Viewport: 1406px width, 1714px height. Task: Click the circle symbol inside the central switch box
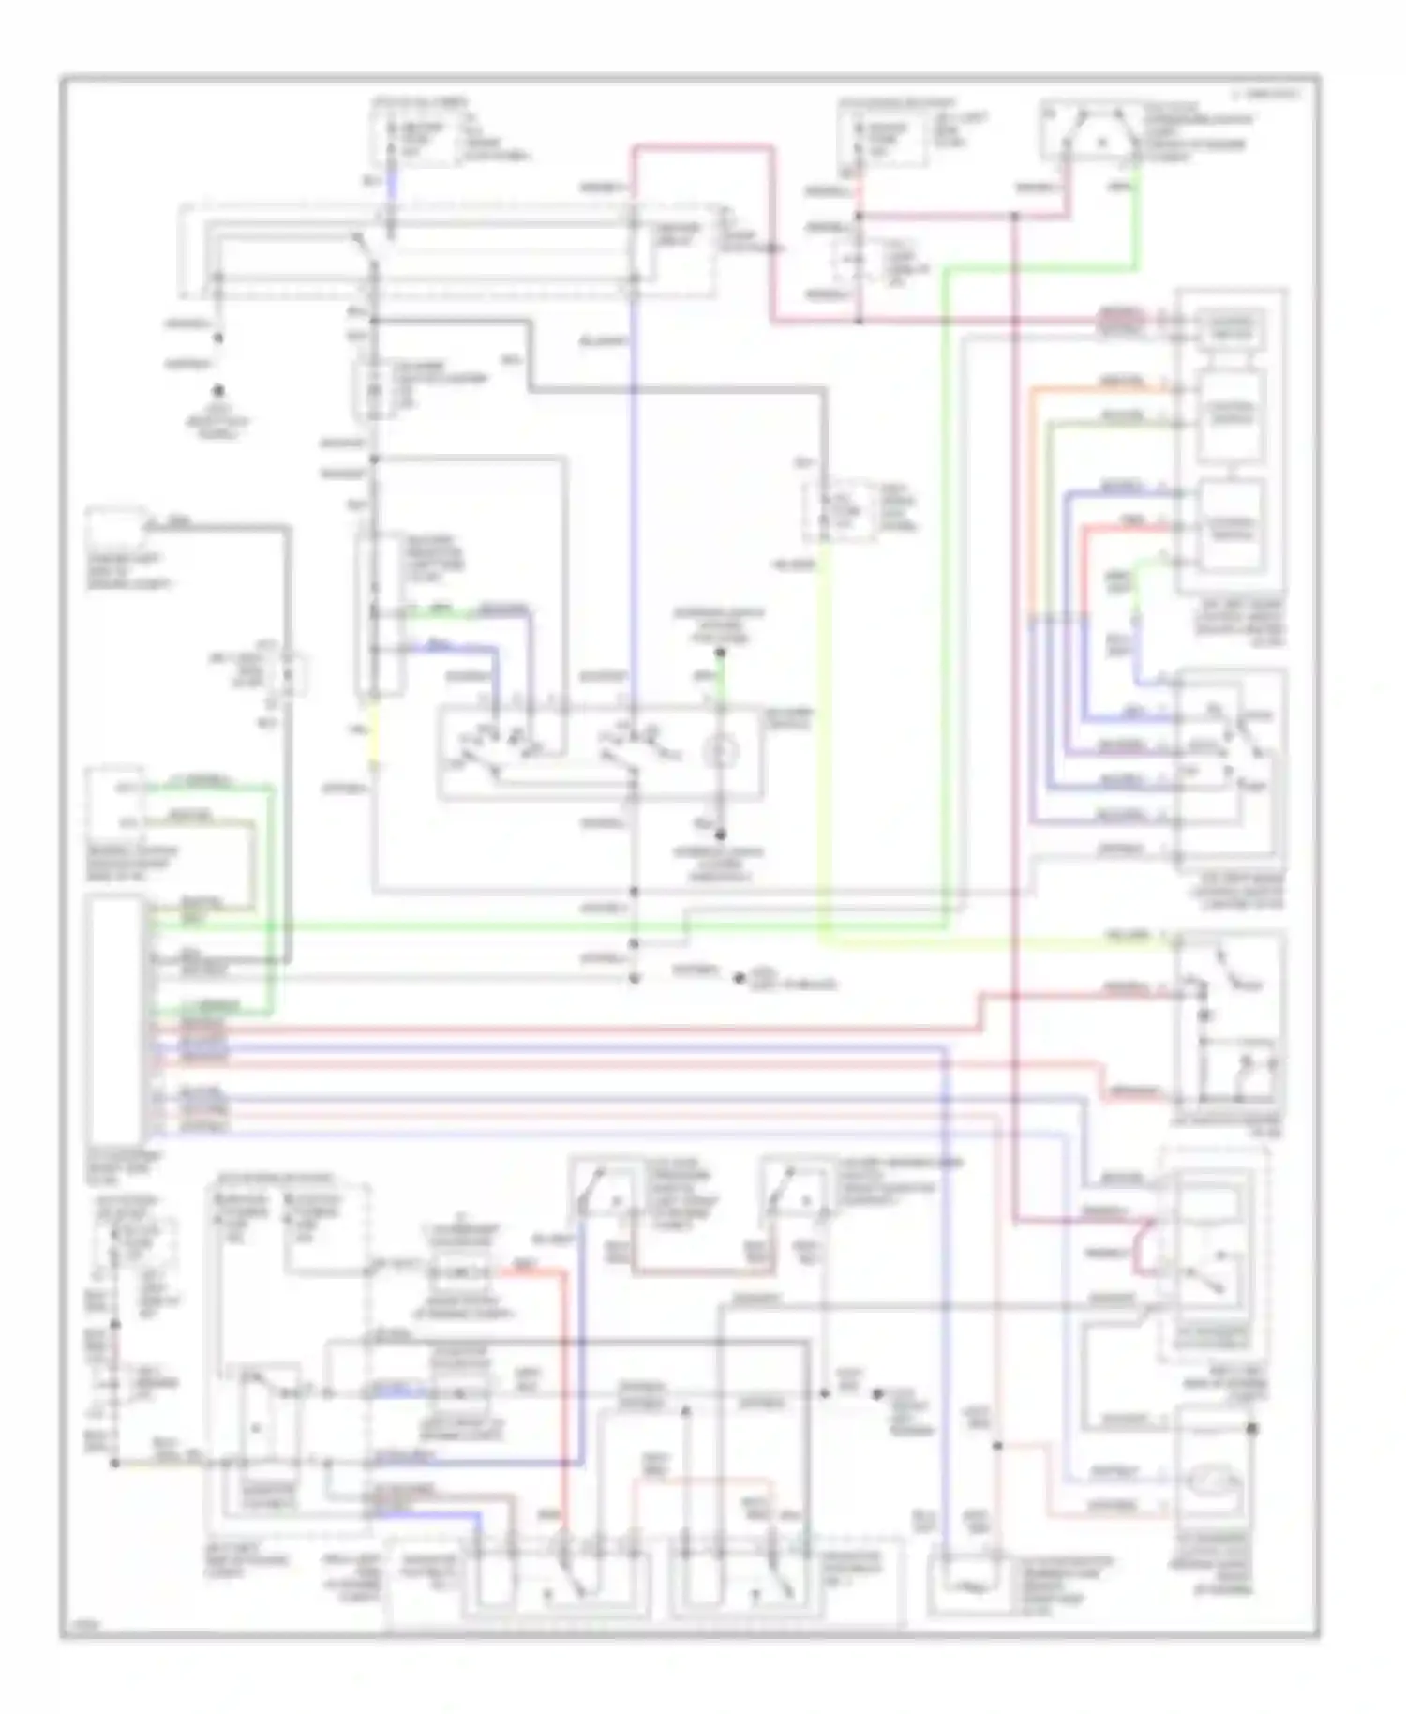point(723,751)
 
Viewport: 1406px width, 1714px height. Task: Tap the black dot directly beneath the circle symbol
point(721,834)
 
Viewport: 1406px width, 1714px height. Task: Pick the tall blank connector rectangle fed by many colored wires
point(113,1017)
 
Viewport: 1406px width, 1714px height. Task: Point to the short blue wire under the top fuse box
point(391,184)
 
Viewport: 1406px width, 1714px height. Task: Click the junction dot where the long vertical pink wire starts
point(1015,217)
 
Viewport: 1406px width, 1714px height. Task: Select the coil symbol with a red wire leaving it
point(459,1272)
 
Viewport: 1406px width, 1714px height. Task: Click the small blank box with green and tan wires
point(114,804)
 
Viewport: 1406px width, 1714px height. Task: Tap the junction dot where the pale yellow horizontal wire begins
point(114,1463)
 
